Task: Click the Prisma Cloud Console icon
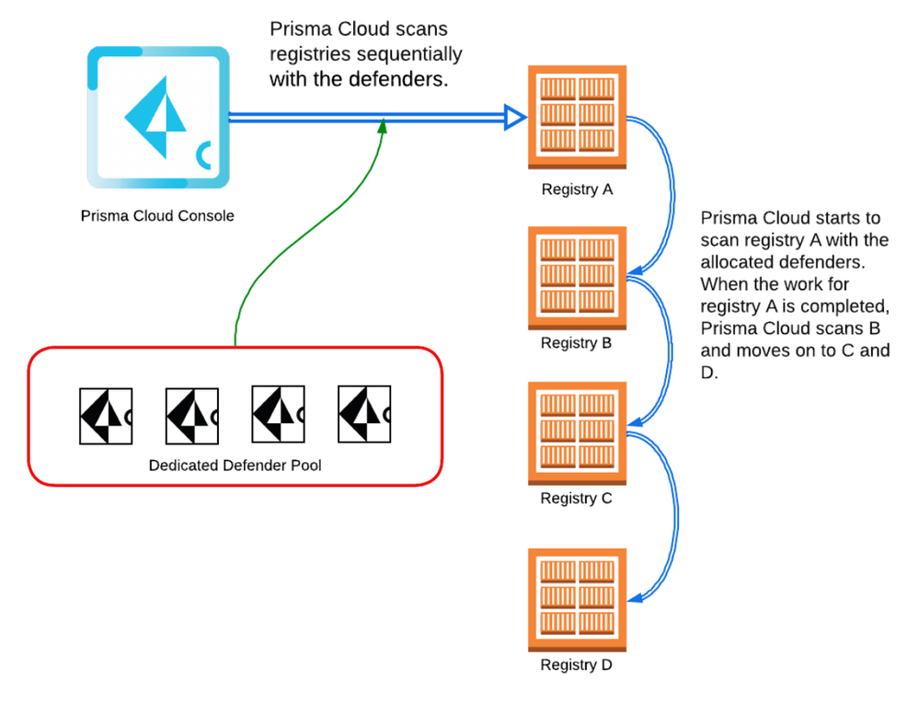[x=157, y=117]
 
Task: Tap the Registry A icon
[x=577, y=117]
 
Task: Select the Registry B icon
[x=577, y=278]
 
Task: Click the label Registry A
[x=577, y=190]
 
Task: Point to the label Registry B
[x=577, y=343]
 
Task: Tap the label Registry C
[x=577, y=499]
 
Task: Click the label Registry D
[x=577, y=664]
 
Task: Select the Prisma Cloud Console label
[x=157, y=216]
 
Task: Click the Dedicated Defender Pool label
[x=235, y=466]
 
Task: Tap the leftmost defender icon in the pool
[x=105, y=416]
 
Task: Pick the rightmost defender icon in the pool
[x=364, y=416]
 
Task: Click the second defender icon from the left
[x=191, y=416]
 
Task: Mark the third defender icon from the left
[x=278, y=416]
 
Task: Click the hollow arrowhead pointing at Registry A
[x=514, y=117]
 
